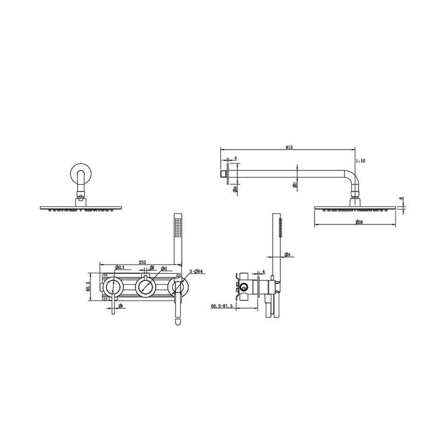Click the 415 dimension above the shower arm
[x=289, y=147]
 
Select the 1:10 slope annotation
[x=361, y=161]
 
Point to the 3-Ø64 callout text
[x=197, y=271]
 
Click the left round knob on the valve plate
[x=114, y=287]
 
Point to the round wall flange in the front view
[x=80, y=173]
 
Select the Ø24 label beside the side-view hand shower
[x=287, y=255]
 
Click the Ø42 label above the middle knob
[x=163, y=269]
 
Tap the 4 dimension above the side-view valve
[x=264, y=272]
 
